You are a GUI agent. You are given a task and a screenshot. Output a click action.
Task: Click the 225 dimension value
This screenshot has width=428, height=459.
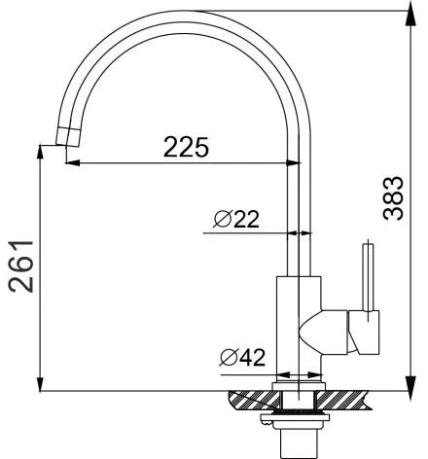[x=186, y=147]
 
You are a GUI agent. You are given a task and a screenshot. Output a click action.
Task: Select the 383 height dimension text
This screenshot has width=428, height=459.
[x=393, y=198]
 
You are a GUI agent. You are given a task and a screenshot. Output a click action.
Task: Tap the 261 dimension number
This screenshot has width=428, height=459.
[x=20, y=266]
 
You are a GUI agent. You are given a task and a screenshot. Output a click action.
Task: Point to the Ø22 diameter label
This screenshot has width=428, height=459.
[x=236, y=219]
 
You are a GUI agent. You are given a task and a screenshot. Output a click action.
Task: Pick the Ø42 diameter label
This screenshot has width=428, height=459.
[x=242, y=358]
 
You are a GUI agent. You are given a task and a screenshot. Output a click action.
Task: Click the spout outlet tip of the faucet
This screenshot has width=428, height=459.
[x=67, y=141]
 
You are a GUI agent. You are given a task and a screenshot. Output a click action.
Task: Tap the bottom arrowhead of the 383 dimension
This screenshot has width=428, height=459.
[x=410, y=383]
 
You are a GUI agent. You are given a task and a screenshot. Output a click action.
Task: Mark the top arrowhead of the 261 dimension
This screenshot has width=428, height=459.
[x=40, y=153]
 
